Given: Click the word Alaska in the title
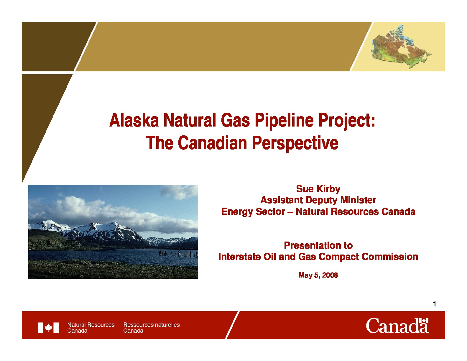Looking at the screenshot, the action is [134, 120].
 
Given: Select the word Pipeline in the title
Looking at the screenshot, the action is [284, 121].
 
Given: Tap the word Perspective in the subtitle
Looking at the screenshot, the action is [295, 144].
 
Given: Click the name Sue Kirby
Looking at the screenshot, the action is [318, 189].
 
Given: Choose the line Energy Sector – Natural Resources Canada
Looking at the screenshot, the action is [318, 211].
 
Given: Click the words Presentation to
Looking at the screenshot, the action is [318, 245].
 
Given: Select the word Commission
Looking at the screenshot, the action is [390, 257].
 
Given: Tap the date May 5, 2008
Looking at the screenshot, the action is [318, 275].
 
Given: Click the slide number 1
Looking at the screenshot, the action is [435, 304].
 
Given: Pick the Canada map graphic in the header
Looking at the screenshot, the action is [401, 46].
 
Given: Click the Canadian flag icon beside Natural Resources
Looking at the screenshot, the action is [48, 327].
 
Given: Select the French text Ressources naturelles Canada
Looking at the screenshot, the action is [151, 328].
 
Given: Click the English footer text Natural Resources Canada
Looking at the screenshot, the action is [91, 328].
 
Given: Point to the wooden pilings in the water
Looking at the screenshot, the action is [178, 253].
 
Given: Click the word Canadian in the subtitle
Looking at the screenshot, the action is [212, 143].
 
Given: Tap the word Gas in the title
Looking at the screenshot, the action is [235, 120].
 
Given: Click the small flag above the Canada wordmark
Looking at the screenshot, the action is [424, 321].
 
